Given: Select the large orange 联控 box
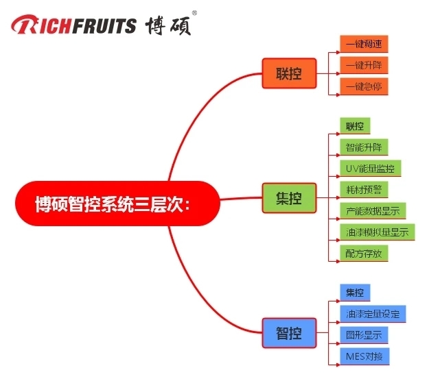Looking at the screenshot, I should point(288,73).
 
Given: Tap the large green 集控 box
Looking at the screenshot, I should point(288,199).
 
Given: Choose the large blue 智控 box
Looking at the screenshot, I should point(288,334).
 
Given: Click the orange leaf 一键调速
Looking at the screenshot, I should point(364,45).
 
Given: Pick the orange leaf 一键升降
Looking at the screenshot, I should point(364,65).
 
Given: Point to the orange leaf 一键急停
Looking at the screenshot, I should point(364,86).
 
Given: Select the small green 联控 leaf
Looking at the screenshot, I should point(355,126).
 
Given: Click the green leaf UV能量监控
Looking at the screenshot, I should point(370,169).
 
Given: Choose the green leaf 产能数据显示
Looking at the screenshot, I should point(373,211).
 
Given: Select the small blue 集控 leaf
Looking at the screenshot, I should point(355,293).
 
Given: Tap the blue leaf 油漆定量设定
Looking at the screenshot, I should point(373,314).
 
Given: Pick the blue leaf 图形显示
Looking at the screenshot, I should point(364,335).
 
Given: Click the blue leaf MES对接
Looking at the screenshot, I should point(364,356).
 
